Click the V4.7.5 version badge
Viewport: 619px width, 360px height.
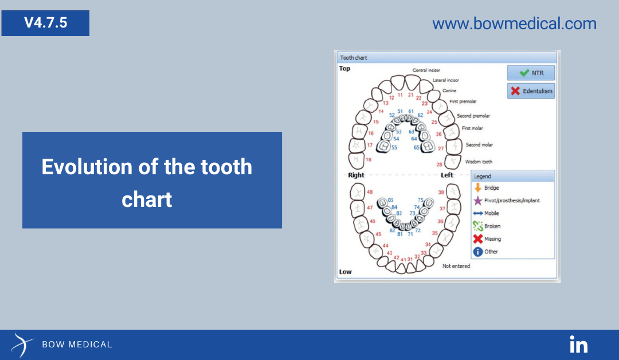coord(45,23)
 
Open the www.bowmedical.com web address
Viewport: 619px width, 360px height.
coord(514,24)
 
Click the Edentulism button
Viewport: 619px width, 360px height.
coord(531,91)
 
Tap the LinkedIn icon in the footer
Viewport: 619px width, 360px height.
coord(579,345)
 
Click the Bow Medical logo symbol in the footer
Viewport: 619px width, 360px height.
coord(22,345)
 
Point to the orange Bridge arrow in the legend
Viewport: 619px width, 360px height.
coord(477,187)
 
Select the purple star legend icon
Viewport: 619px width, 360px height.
coord(478,201)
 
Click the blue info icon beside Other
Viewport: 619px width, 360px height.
coord(478,252)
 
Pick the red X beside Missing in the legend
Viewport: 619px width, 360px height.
coord(478,238)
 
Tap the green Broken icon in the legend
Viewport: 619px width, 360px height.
coord(478,226)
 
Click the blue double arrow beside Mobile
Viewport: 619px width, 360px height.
coord(478,213)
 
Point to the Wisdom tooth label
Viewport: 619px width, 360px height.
coord(479,162)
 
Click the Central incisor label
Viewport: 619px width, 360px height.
coord(426,70)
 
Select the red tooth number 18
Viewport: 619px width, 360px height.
coord(368,159)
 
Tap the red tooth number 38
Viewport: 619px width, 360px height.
coord(441,192)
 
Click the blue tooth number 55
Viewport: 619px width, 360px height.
coord(394,147)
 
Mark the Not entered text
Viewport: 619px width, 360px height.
coord(456,266)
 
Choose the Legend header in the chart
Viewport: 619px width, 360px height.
coord(483,176)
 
